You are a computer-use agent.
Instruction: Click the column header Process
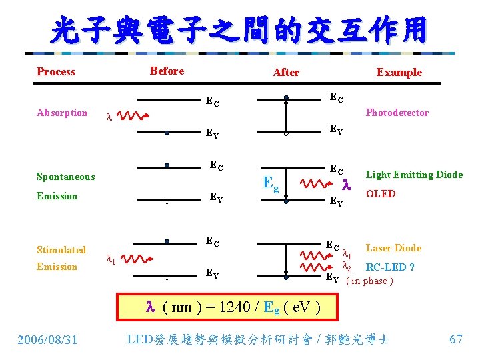coord(56,72)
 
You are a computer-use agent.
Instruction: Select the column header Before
coord(167,71)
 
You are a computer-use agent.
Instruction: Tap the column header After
coord(286,73)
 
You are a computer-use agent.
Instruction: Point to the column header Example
coord(399,73)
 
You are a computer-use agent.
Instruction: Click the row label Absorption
coord(62,113)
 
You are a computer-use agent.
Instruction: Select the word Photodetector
coord(397,113)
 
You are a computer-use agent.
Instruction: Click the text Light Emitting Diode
coord(414,175)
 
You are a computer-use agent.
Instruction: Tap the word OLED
coord(381,194)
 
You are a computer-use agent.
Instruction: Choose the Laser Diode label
coord(394,248)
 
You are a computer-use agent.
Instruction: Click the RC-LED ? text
coord(391,267)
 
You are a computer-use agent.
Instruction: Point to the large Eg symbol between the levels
coord(271,181)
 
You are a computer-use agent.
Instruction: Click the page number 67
coord(456,339)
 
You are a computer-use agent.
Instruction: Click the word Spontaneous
coord(66,177)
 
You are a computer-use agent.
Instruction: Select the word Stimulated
coord(61,250)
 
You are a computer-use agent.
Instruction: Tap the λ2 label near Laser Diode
coord(346,266)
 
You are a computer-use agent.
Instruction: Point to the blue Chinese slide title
coord(239,30)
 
